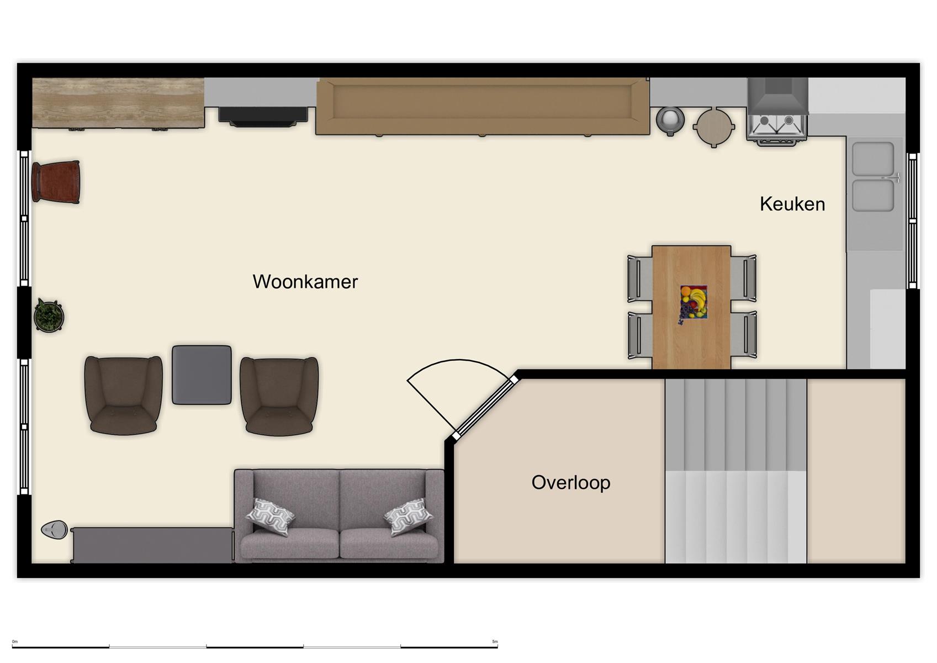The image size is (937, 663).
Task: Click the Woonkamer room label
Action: point(305,282)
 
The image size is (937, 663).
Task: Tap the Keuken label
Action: point(792,204)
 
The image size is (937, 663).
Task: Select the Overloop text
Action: point(570,482)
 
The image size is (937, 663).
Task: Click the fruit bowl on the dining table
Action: point(693,303)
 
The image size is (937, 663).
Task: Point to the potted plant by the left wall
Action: point(49,316)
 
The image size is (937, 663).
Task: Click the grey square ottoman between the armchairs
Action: point(202,375)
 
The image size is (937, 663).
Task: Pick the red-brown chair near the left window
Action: point(56,182)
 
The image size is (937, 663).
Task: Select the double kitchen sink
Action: point(872,176)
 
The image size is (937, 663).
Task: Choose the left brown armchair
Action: point(123,394)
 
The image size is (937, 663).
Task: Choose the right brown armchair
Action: point(279,396)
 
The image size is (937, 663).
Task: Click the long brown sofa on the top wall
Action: point(482,106)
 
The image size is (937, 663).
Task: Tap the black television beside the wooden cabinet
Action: point(263,115)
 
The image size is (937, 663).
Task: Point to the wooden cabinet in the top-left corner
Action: point(118,103)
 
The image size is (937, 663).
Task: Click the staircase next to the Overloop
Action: point(735,471)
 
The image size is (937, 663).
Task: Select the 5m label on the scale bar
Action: point(495,641)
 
